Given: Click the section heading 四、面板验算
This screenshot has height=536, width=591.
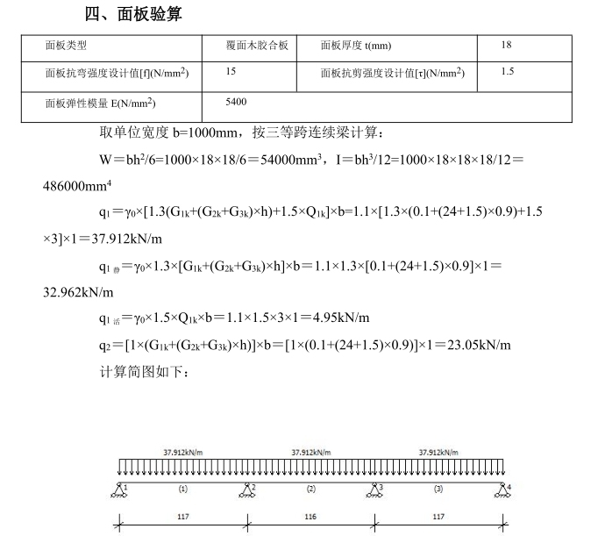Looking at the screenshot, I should tap(134, 14).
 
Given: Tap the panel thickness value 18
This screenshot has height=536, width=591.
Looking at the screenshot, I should tap(507, 45).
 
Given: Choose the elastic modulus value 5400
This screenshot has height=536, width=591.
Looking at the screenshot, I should tap(236, 102).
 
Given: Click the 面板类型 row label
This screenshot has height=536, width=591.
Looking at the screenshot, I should tap(67, 45).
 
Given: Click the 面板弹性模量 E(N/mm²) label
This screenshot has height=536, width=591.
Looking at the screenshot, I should tap(101, 103).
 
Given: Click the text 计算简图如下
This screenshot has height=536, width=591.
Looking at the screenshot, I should tap(146, 371).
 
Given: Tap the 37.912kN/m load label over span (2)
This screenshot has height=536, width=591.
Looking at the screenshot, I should tap(310, 452).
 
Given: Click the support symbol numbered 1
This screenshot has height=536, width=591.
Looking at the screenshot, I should tap(120, 490).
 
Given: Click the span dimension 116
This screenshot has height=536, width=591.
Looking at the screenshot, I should tap(310, 517).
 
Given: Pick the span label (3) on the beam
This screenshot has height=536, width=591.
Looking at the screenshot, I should tap(438, 488).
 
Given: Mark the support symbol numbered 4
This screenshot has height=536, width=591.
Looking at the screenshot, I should tap(502, 490).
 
